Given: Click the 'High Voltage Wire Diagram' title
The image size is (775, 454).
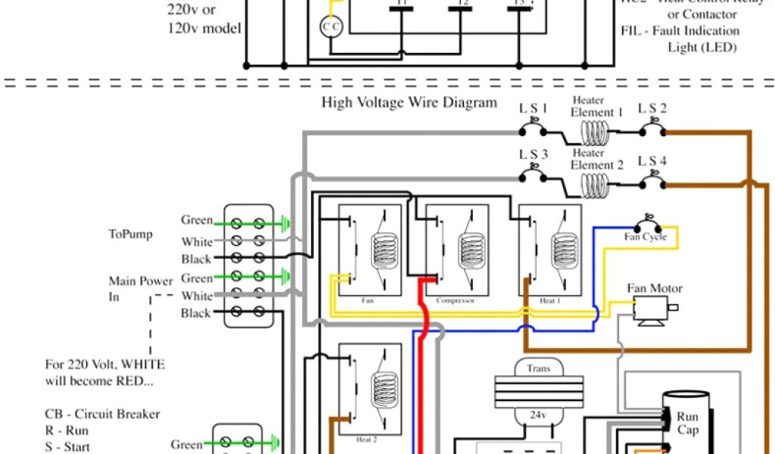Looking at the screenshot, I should (409, 102).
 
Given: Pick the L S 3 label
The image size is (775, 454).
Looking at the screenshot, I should (533, 155).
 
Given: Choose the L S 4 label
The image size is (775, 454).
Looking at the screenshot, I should (652, 160).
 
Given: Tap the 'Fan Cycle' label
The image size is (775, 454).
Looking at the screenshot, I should (645, 237).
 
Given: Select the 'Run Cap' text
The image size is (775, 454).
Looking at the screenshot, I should (688, 423).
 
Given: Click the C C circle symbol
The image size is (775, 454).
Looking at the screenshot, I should (331, 26).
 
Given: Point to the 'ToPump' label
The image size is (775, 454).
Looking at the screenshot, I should (130, 234).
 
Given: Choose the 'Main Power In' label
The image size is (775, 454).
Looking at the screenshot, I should (130, 289).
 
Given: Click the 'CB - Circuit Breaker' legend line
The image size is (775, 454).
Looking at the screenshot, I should (101, 415).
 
